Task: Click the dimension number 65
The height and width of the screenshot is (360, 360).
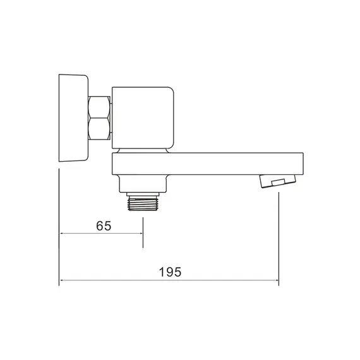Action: [x=104, y=225]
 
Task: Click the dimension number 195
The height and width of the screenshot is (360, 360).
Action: [x=170, y=272]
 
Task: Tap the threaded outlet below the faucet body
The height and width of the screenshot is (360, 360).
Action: [x=143, y=203]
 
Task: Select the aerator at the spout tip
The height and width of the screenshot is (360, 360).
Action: [x=277, y=181]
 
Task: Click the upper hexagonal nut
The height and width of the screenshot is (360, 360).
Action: [x=99, y=107]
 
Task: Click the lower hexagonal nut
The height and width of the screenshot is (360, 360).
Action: [x=99, y=129]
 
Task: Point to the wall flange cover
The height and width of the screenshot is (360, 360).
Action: [x=73, y=118]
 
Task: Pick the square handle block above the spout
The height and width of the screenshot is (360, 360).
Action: [x=143, y=117]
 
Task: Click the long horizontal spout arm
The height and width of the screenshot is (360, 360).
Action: [x=208, y=164]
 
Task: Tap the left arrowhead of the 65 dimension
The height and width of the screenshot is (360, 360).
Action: [x=62, y=234]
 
